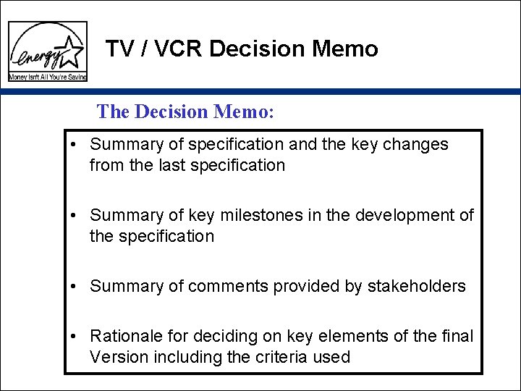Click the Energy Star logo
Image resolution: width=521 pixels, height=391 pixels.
click(x=47, y=51)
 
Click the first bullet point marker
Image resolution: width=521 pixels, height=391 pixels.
click(x=75, y=145)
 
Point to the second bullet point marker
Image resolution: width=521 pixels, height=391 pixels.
click(x=75, y=216)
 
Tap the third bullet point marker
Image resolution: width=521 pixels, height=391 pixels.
click(x=75, y=287)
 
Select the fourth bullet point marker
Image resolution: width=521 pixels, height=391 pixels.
click(x=75, y=337)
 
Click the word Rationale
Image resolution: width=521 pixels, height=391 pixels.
click(x=123, y=337)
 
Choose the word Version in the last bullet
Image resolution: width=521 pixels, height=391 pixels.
click(x=114, y=357)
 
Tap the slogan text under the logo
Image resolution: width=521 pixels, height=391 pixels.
click(x=47, y=77)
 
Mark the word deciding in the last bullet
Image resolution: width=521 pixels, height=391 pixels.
click(x=216, y=337)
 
